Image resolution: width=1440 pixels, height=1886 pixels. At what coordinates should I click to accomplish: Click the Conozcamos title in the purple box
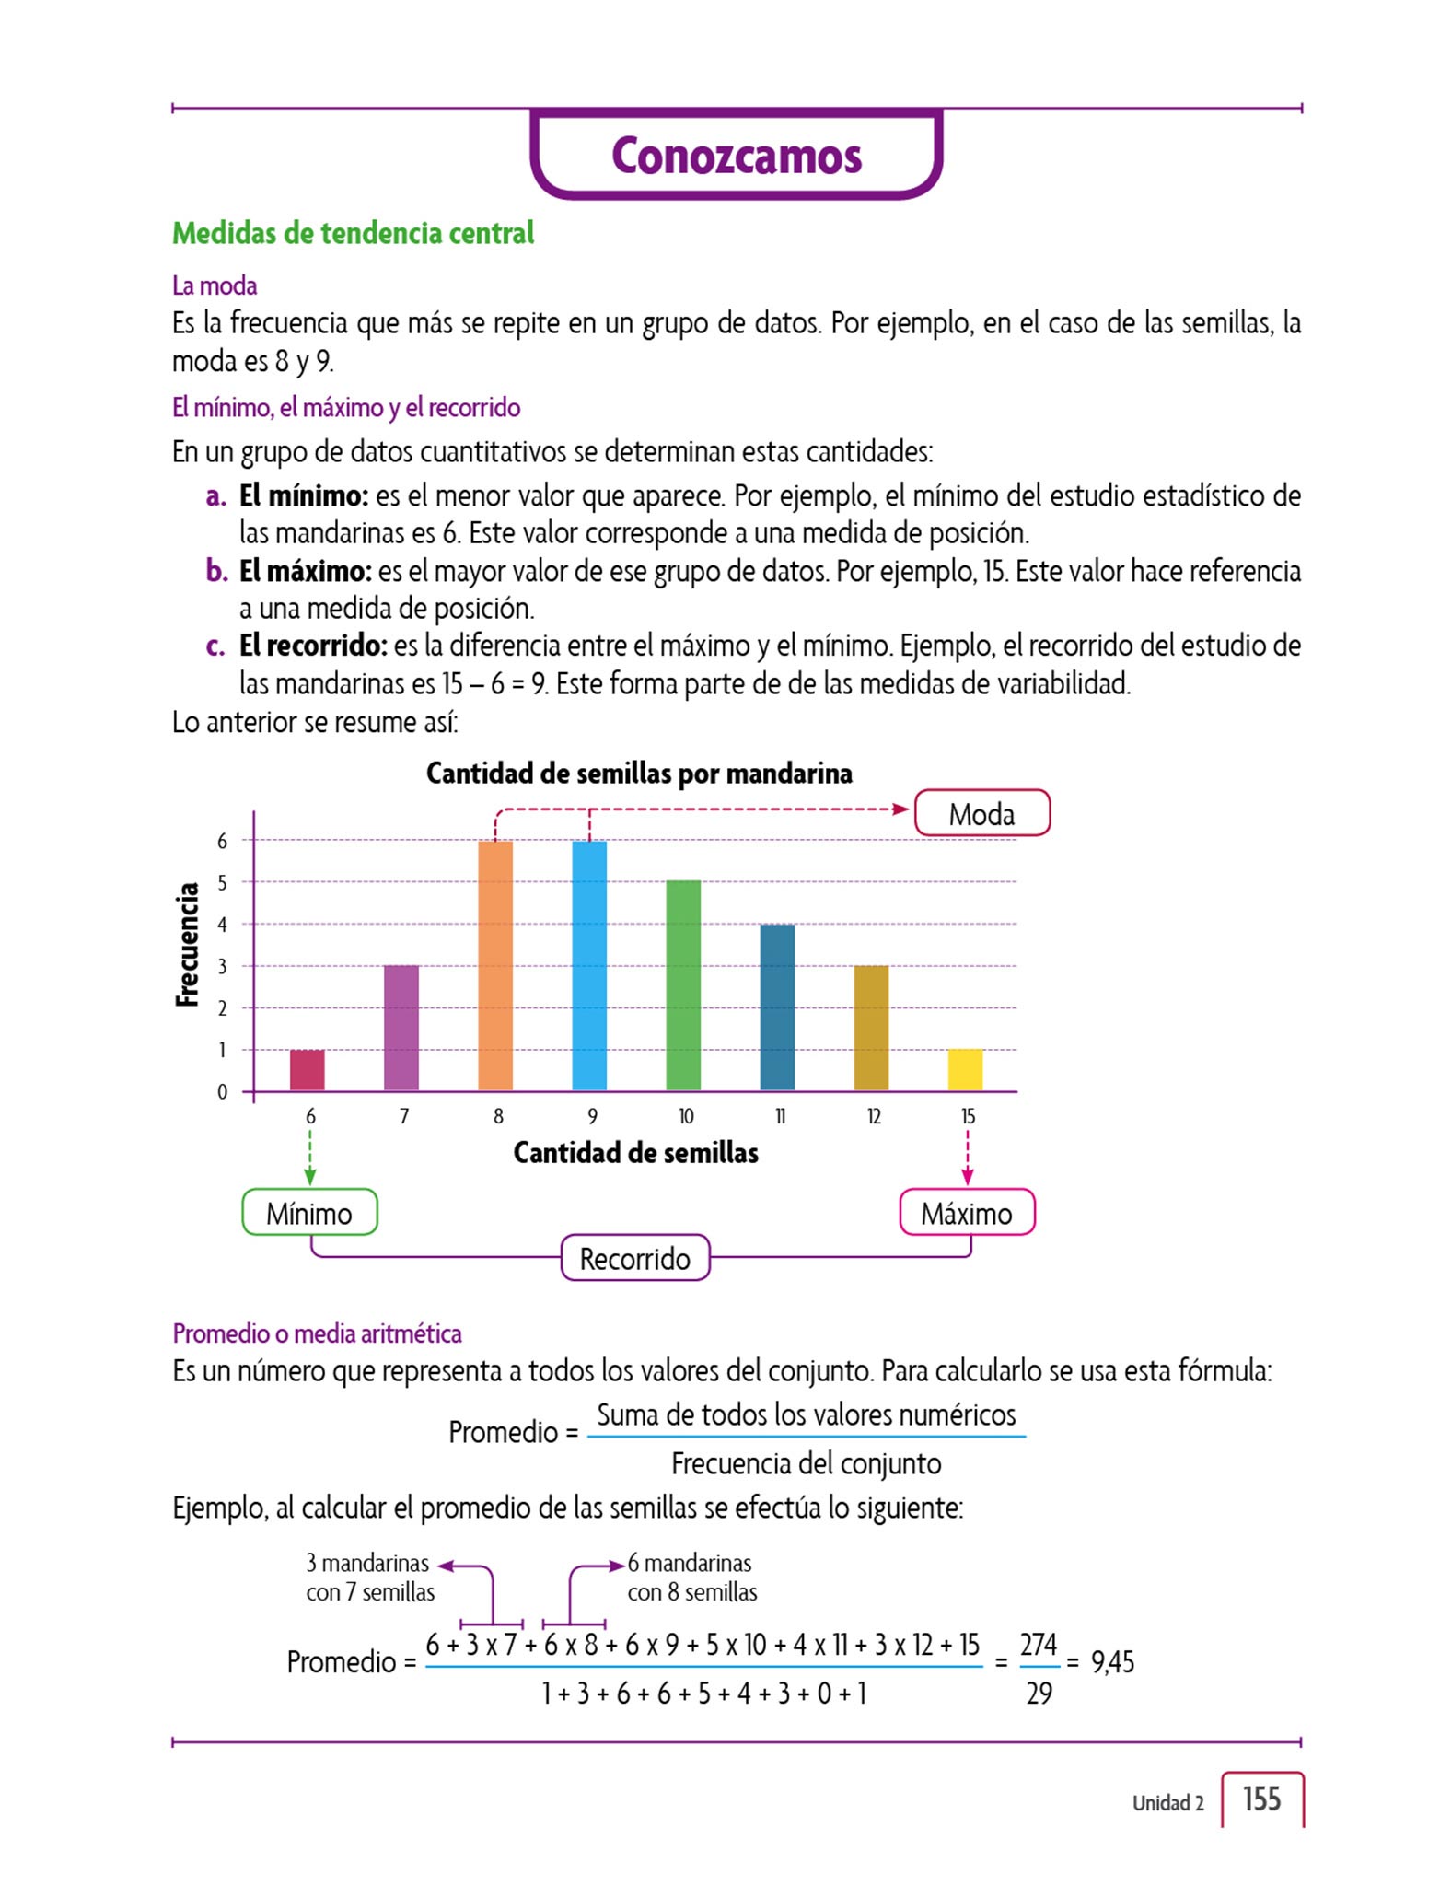pyautogui.click(x=737, y=156)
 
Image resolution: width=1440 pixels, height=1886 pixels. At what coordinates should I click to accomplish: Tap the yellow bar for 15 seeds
pyautogui.click(x=965, y=1070)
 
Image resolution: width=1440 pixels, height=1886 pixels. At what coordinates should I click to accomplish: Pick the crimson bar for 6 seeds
pyautogui.click(x=308, y=1070)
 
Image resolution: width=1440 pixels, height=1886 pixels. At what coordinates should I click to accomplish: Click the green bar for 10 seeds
pyautogui.click(x=683, y=985)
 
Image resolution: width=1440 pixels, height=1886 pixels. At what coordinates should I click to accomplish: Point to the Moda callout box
pyautogui.click(x=981, y=814)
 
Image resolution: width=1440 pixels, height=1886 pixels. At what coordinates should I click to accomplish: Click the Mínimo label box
pyautogui.click(x=309, y=1213)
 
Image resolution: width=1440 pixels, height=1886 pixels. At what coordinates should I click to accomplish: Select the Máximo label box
pyautogui.click(x=967, y=1213)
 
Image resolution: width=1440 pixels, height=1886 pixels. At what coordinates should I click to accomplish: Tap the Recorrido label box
pyautogui.click(x=635, y=1258)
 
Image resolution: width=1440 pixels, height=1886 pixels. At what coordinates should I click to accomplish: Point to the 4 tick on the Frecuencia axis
pyautogui.click(x=222, y=925)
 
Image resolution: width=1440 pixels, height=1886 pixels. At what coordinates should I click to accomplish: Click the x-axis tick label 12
pyautogui.click(x=874, y=1116)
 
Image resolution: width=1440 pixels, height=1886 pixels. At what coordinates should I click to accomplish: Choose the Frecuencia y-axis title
pyautogui.click(x=188, y=944)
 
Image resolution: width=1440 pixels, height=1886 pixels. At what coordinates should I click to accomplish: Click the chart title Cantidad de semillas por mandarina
pyautogui.click(x=639, y=774)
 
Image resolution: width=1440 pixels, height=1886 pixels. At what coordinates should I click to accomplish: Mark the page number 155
pyautogui.click(x=1261, y=1799)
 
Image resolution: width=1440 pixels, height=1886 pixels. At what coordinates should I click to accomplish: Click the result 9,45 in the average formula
pyautogui.click(x=1112, y=1662)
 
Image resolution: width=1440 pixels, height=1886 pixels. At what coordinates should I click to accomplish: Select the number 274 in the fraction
pyautogui.click(x=1039, y=1645)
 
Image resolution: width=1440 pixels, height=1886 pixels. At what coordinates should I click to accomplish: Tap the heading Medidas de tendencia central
pyautogui.click(x=353, y=233)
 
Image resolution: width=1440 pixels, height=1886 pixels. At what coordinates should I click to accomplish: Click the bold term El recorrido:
pyautogui.click(x=313, y=646)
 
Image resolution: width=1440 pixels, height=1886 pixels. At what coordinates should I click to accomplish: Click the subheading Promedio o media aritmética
pyautogui.click(x=317, y=1333)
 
